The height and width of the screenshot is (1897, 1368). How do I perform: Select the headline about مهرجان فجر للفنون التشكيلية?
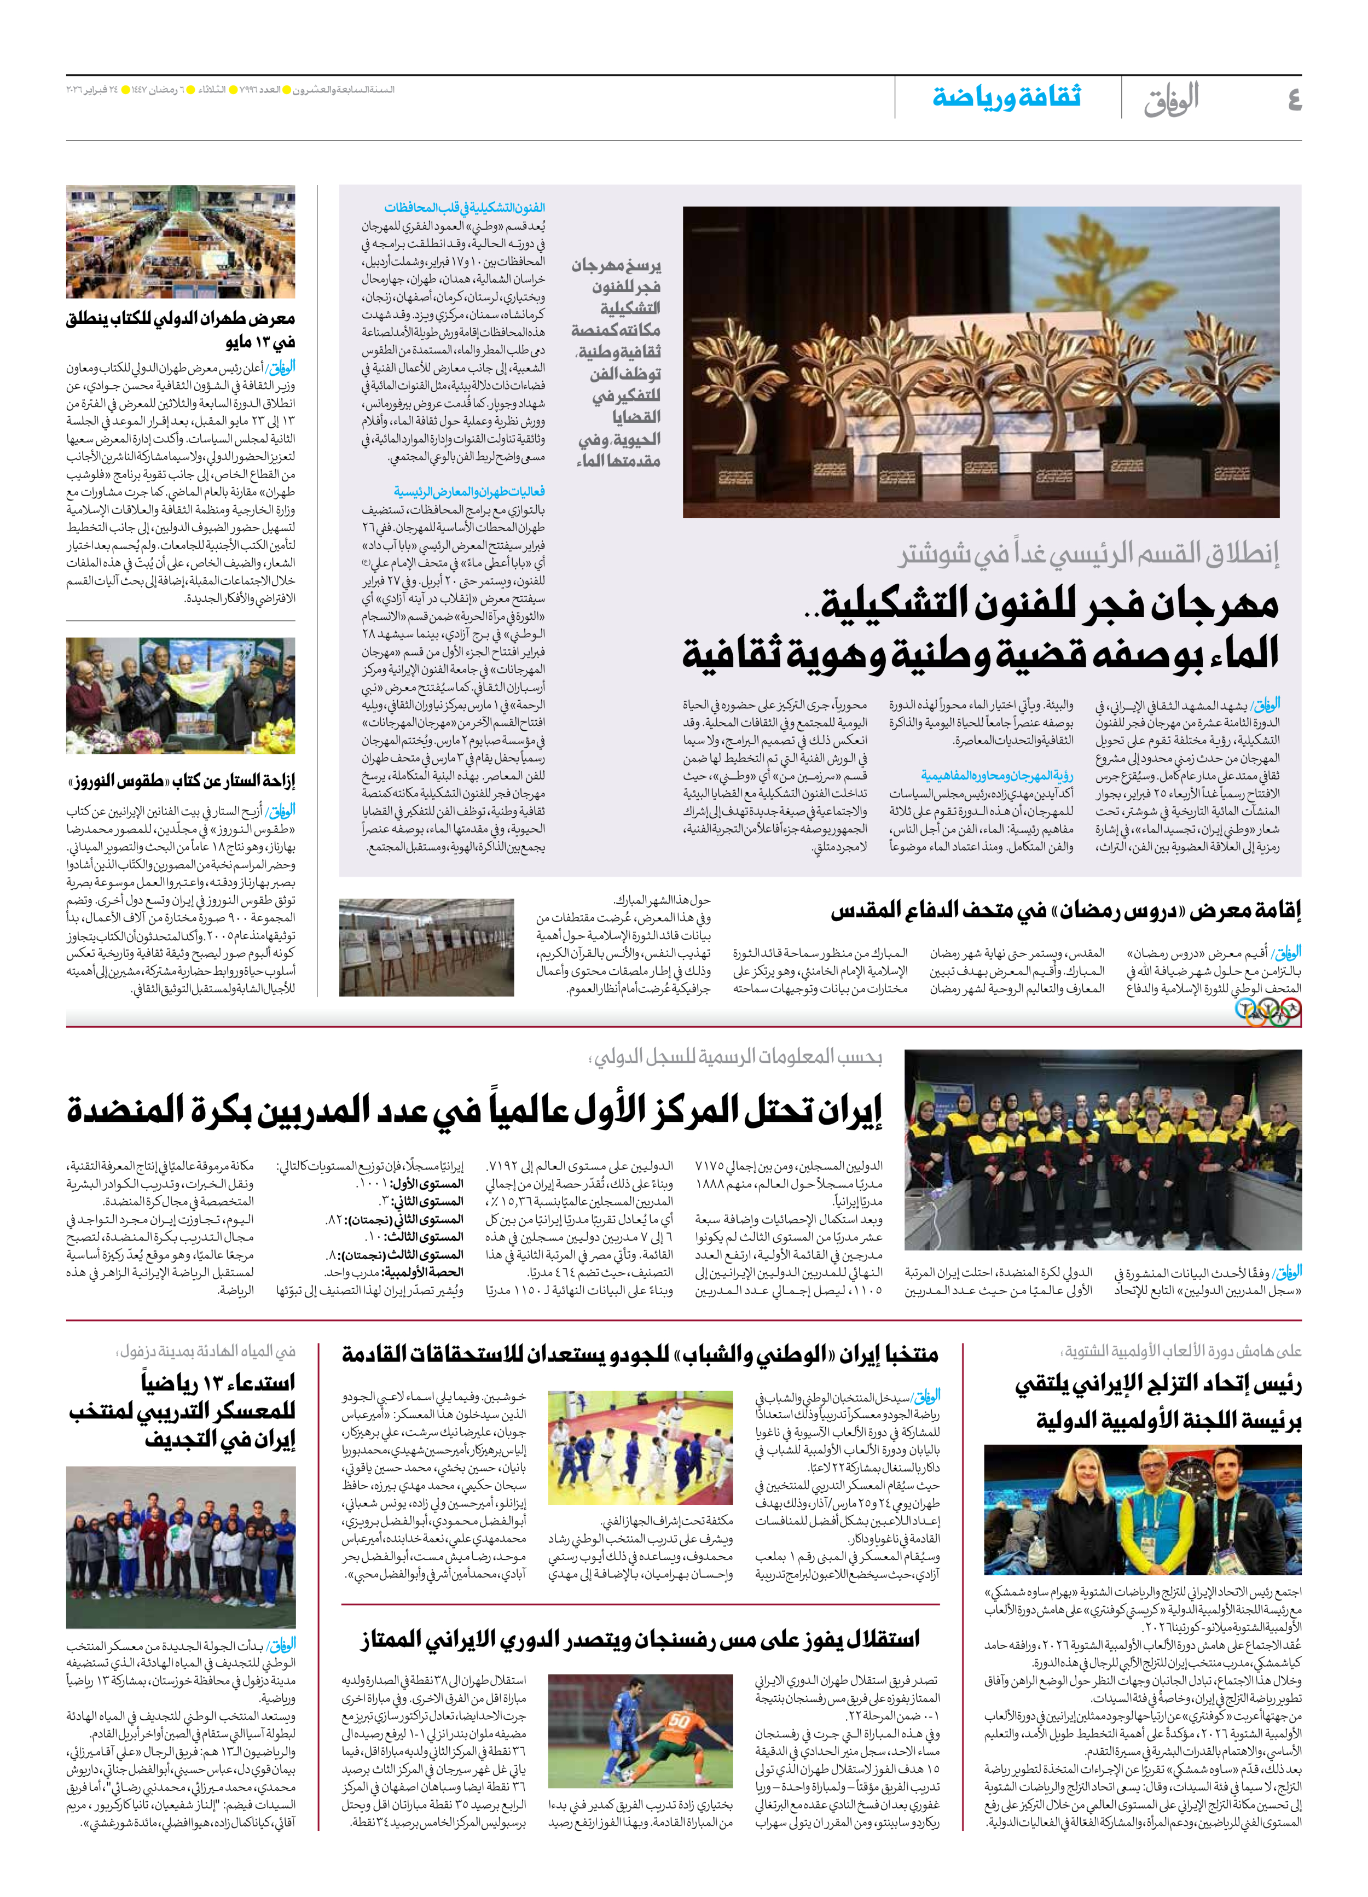pos(981,627)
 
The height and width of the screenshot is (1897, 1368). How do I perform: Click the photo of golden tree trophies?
pos(981,362)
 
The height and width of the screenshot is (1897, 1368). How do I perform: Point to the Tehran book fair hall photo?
pos(181,242)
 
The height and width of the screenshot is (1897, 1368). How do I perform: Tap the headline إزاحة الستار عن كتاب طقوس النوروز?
pos(181,781)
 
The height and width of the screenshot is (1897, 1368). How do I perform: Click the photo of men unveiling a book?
pos(181,695)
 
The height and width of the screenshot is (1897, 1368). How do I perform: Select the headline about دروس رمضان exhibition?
pos(1065,910)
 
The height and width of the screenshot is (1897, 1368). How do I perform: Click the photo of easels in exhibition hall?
pos(426,947)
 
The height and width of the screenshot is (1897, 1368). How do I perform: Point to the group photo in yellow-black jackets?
pos(1103,1150)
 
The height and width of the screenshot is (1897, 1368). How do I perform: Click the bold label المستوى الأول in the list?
pos(433,1184)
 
